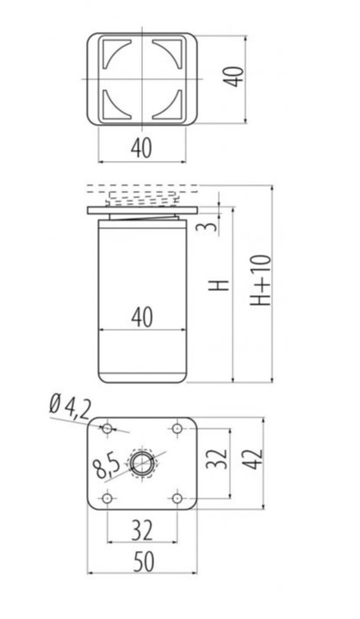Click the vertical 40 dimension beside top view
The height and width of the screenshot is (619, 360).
tap(233, 77)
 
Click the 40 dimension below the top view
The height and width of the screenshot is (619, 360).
tap(141, 148)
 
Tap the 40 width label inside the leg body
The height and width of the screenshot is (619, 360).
tap(142, 318)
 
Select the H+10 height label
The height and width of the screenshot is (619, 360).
tap(261, 281)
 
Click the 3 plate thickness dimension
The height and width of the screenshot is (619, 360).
tap(211, 226)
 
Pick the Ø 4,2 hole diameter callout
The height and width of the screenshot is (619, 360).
tap(71, 409)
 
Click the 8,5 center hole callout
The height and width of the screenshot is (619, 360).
tap(107, 466)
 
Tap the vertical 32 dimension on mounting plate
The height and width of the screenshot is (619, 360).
tap(217, 458)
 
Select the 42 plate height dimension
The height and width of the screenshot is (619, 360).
tap(252, 459)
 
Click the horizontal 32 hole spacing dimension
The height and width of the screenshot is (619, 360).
tap(142, 530)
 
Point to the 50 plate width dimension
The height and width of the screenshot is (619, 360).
tap(143, 562)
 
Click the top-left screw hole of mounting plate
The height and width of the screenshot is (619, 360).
tap(107, 429)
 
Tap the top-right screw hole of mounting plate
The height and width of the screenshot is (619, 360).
tap(177, 429)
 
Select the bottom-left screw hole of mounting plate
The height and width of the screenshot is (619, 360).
tap(107, 498)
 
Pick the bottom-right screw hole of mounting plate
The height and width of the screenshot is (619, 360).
tap(177, 498)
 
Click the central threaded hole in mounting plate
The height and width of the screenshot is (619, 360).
tap(142, 463)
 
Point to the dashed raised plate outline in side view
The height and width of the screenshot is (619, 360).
tap(142, 189)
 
